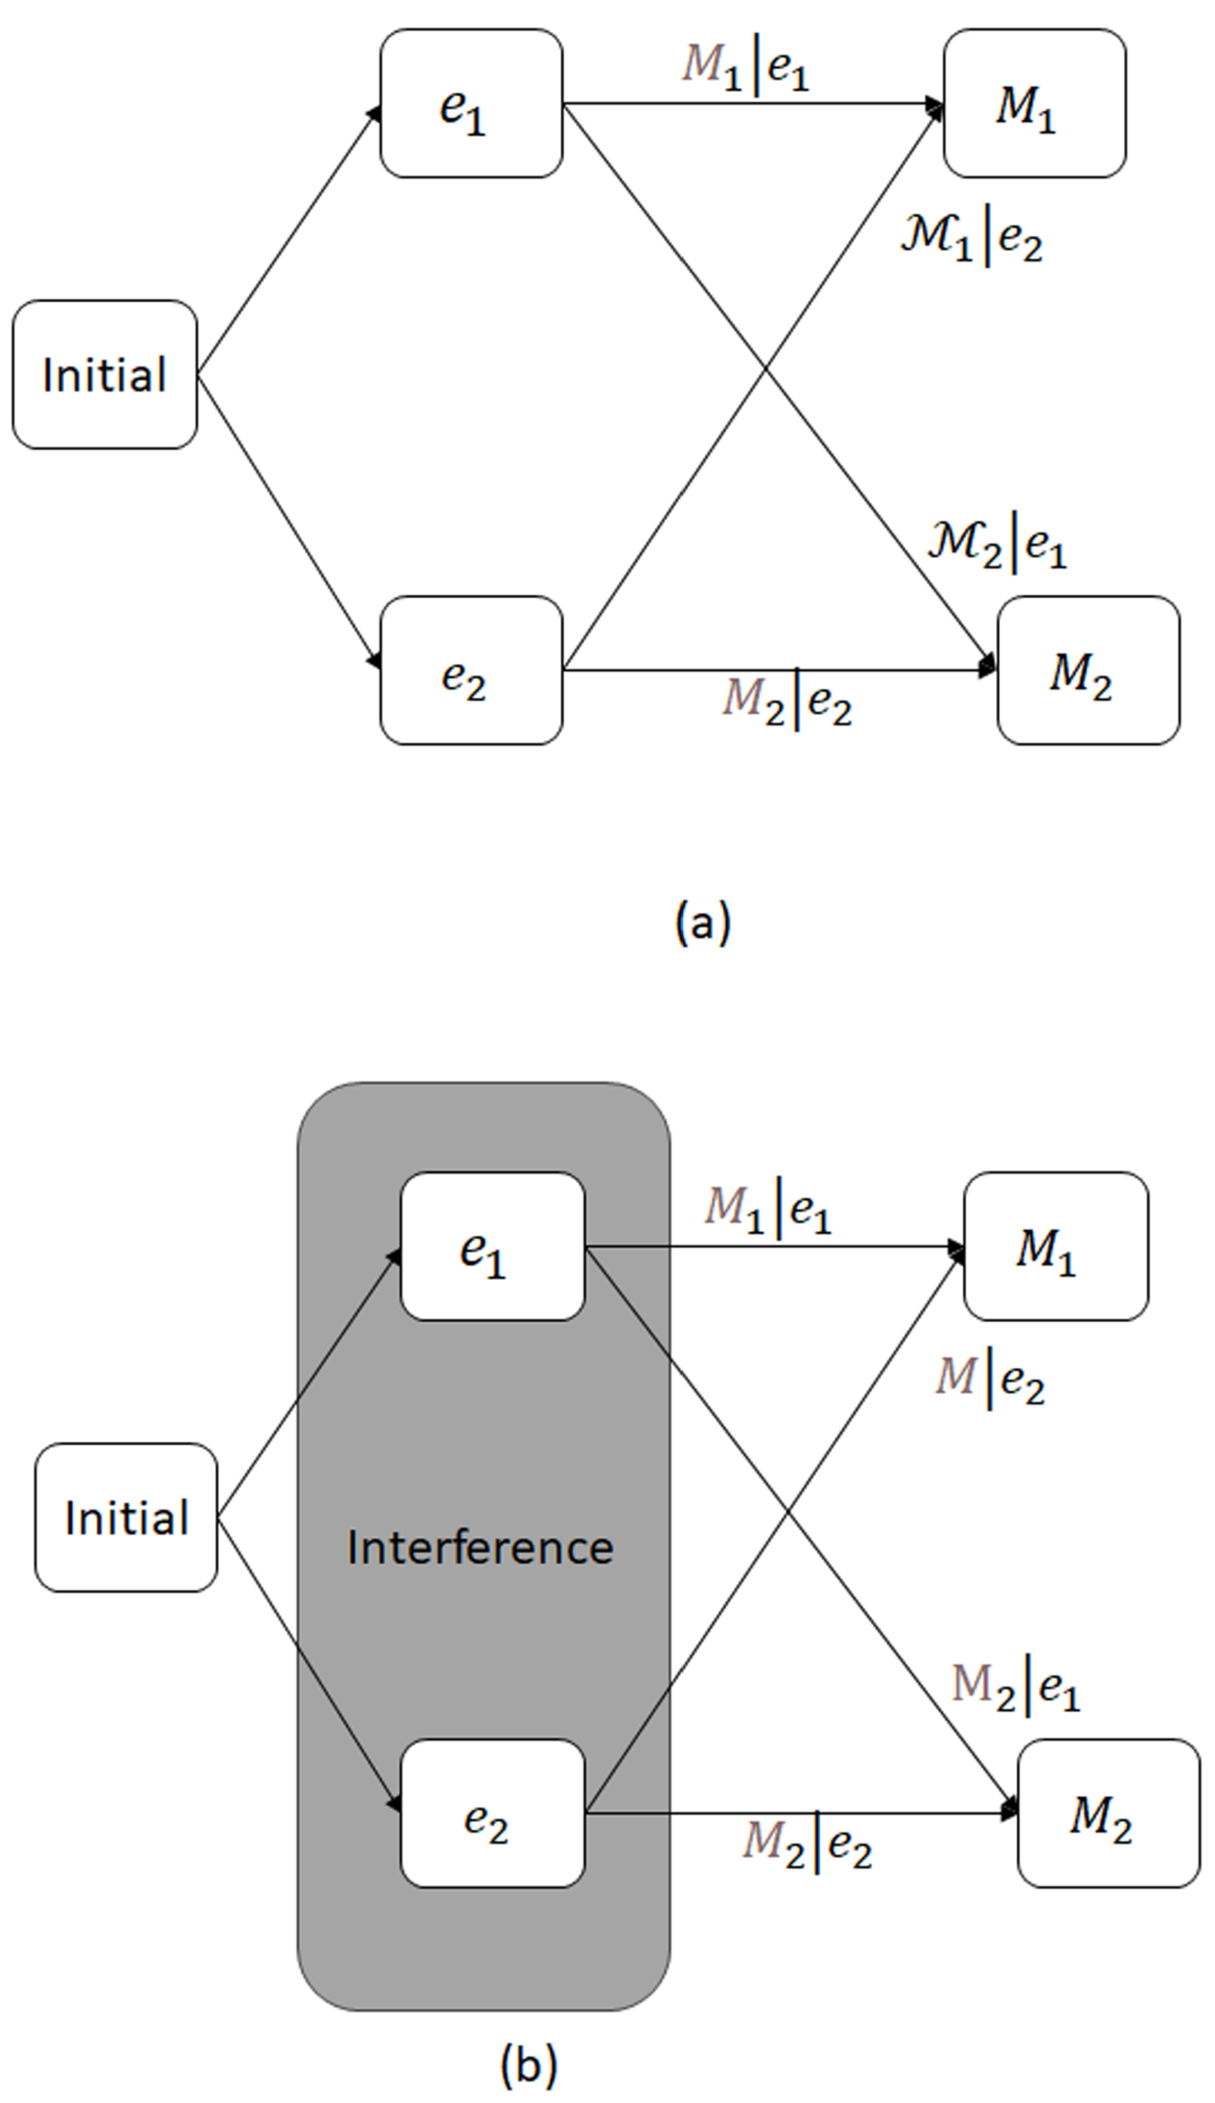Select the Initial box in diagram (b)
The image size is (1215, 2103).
126,1517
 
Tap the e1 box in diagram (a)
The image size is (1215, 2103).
471,103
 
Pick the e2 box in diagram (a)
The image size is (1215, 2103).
471,670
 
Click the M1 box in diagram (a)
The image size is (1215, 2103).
1034,103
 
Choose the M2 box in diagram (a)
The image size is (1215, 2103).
1088,670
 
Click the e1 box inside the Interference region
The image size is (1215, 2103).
492,1246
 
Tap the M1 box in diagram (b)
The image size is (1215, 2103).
1056,1246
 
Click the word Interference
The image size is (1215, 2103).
480,1548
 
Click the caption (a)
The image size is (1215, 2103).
703,923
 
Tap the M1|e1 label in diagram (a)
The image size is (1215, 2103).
745,67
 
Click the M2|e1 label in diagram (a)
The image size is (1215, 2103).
997,544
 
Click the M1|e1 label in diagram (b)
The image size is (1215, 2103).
767,1210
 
